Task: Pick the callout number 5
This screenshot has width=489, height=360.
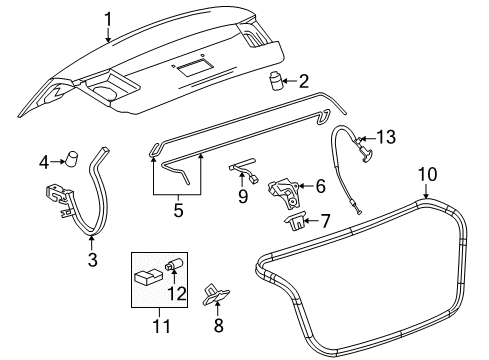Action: point(178,211)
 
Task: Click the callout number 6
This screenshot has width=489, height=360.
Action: point(320,186)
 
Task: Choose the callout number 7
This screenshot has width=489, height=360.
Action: point(325,220)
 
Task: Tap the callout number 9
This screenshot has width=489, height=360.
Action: point(241,199)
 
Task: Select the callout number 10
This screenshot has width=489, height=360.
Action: point(427,173)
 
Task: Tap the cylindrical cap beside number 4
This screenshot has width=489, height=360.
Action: point(71,157)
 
